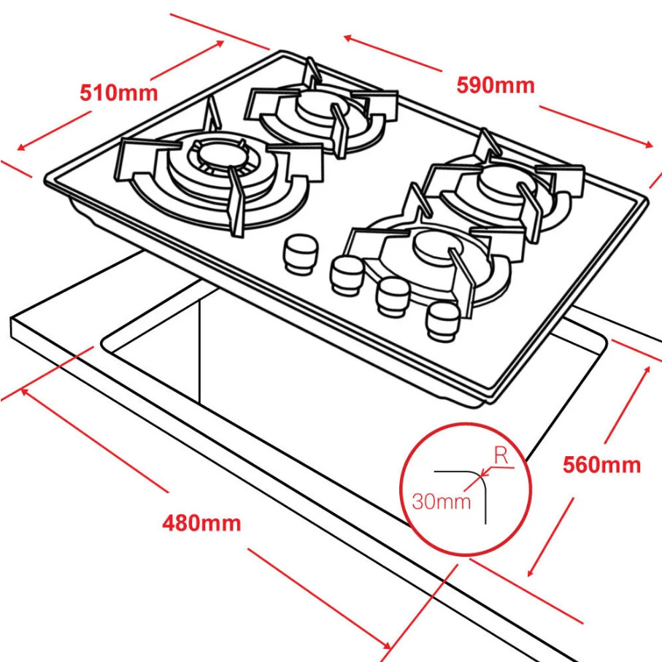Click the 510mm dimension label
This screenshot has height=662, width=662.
[118, 93]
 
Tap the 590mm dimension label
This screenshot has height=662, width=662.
[496, 85]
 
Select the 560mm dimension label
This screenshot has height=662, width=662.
[601, 465]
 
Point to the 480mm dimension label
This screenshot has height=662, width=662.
[201, 523]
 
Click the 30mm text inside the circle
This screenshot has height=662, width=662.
[441, 501]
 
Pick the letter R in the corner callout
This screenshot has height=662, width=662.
[501, 455]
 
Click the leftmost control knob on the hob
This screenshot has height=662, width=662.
[300, 253]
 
